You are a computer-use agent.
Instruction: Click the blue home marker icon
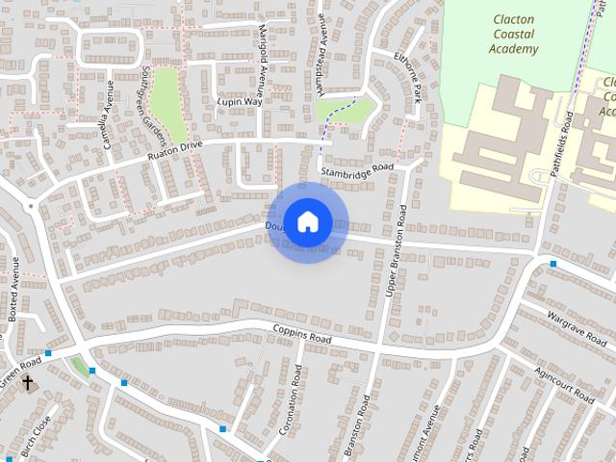pyautogui.click(x=307, y=222)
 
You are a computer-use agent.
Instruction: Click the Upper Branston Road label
pyautogui.click(x=395, y=263)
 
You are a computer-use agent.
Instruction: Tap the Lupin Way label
pyautogui.click(x=240, y=101)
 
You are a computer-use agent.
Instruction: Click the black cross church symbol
pyautogui.click(x=28, y=383)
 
